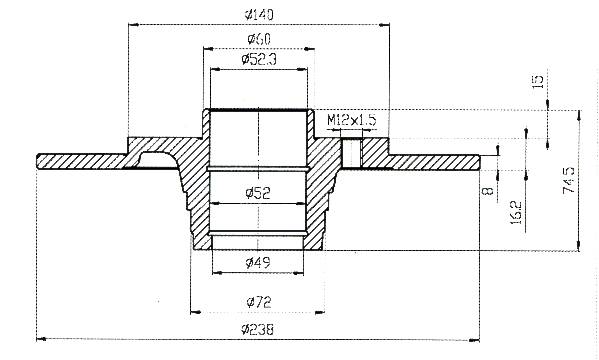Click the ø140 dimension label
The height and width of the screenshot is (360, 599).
coord(259,15)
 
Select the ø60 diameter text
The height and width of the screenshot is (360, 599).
coord(259,39)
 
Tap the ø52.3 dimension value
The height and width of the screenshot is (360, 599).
coord(259,59)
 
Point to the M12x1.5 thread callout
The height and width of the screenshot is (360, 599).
coord(351,120)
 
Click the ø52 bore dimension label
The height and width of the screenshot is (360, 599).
coord(258,193)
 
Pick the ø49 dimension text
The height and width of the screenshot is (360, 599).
coord(258,262)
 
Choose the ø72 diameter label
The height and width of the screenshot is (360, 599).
coord(259,302)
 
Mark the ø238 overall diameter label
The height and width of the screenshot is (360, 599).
coord(258,329)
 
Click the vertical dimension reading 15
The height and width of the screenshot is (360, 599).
coord(538,82)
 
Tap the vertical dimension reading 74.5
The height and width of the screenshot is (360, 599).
coord(569,180)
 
